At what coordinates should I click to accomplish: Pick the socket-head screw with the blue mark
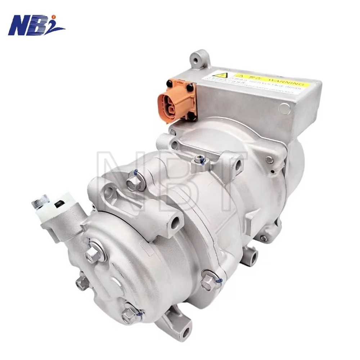198,158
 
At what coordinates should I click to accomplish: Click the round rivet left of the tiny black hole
269,158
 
